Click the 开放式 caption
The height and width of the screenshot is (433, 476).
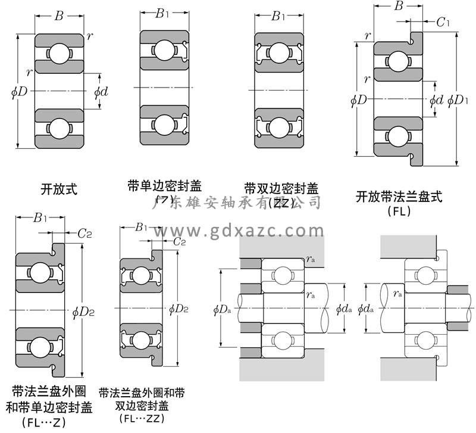[59, 190]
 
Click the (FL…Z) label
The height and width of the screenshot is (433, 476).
[43, 421]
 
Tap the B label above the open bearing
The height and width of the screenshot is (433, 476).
[59, 16]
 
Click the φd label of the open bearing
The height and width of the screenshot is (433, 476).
[101, 92]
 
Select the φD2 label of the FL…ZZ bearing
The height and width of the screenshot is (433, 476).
[178, 309]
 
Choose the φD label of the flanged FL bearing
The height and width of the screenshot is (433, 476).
[359, 99]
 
